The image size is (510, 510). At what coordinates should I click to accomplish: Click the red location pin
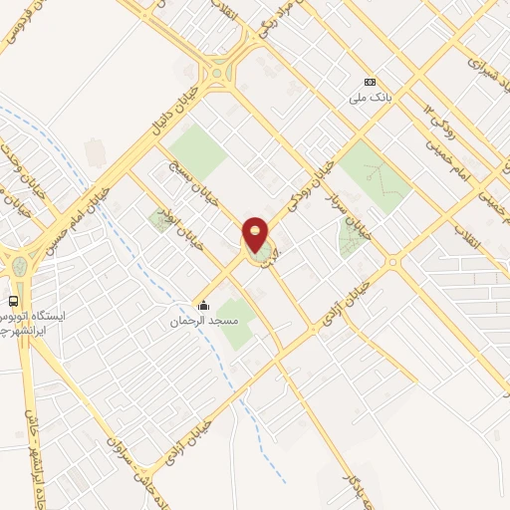click(x=255, y=236)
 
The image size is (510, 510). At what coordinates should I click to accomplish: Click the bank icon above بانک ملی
click(x=371, y=82)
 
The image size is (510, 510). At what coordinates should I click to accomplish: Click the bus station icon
click(x=14, y=301)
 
